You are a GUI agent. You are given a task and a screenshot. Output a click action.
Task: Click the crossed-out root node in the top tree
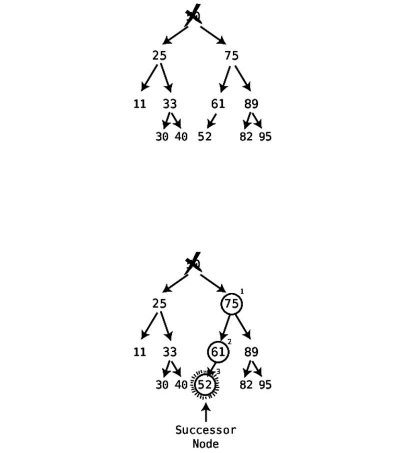coord(193,16)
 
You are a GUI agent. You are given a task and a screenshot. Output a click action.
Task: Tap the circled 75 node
coord(232,304)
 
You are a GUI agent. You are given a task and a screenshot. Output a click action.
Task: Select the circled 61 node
coord(218,352)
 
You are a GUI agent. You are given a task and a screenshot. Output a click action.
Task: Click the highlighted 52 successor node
coord(205,384)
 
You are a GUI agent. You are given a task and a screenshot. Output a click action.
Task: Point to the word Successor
coord(205,430)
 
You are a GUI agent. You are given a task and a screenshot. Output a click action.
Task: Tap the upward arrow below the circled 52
coord(206,413)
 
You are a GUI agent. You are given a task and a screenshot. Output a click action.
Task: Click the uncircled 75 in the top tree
coord(231,56)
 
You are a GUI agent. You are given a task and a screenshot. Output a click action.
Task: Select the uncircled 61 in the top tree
coord(218,104)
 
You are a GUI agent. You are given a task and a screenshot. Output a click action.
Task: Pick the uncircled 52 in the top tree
coord(205,137)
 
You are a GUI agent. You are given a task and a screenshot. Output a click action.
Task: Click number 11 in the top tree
coord(139,104)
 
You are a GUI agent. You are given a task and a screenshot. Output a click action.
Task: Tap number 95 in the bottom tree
coord(265,385)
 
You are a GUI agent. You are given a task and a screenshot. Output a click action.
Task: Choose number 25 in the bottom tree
coord(160,304)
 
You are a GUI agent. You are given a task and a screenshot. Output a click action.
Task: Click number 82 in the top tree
coord(246,137)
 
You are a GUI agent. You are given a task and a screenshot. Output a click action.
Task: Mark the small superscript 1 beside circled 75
coord(242,291)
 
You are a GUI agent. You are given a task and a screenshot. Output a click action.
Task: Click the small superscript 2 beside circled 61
coord(229,341)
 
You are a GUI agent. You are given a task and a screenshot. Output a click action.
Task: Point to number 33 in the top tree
coord(170,104)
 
